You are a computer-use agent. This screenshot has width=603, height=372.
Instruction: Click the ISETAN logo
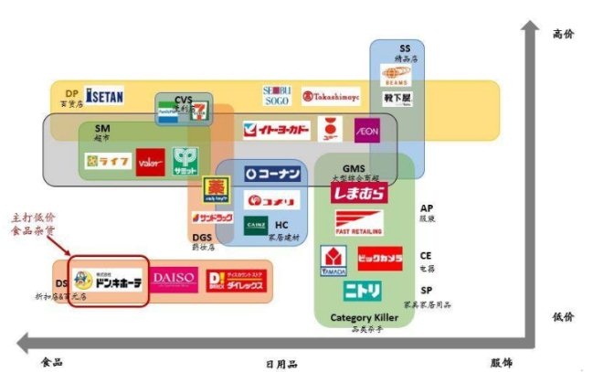pos(104,95)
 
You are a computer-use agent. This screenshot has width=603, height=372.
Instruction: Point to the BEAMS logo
pos(396,80)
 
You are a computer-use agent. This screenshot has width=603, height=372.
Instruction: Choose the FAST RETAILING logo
pos(359,223)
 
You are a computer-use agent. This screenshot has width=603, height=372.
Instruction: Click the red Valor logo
pos(150,162)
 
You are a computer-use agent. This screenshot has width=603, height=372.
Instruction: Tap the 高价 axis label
pos(564,33)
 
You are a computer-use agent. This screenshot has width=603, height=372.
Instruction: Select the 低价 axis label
pos(564,316)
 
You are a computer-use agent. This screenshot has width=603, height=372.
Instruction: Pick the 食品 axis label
pos(52,362)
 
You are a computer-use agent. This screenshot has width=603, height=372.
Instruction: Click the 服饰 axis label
pos(503,363)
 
